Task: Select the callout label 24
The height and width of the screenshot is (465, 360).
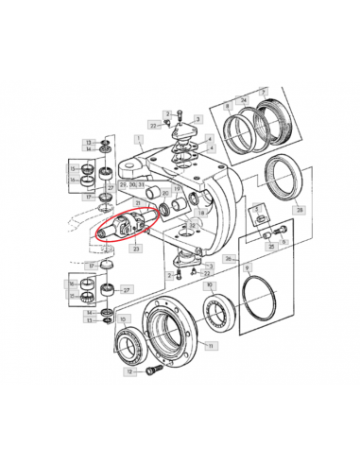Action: click(244, 99)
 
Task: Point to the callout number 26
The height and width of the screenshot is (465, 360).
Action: click(227, 257)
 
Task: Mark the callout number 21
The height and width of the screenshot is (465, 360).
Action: click(138, 202)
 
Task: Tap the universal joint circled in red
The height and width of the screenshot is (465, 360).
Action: click(122, 228)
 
